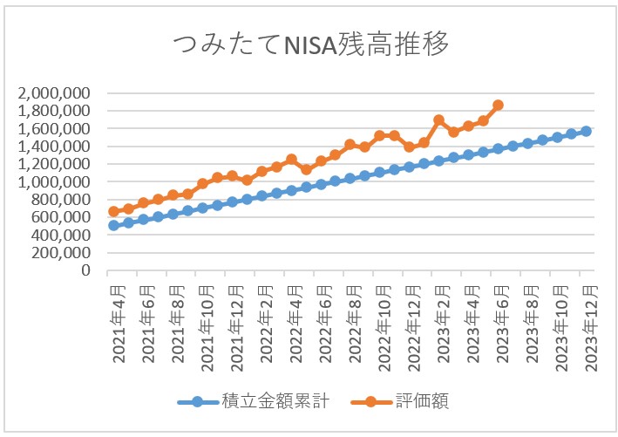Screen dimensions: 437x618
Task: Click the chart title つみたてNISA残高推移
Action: pyautogui.click(x=309, y=44)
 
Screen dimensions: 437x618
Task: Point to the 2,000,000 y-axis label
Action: pyautogui.click(x=55, y=93)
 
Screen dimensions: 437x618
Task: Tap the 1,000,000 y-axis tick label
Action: pyautogui.click(x=55, y=181)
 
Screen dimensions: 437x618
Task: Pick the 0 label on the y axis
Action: pyautogui.click(x=87, y=270)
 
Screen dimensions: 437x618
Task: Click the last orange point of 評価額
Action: pyautogui.click(x=498, y=105)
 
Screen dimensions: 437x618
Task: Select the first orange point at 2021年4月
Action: pyautogui.click(x=113, y=211)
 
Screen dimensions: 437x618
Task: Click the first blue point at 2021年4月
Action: pyautogui.click(x=113, y=225)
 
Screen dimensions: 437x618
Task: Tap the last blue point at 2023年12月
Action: pyautogui.click(x=586, y=131)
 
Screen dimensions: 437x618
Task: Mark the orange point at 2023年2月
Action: pyautogui.click(x=438, y=120)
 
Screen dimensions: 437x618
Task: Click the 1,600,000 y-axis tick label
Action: pyautogui.click(x=55, y=128)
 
